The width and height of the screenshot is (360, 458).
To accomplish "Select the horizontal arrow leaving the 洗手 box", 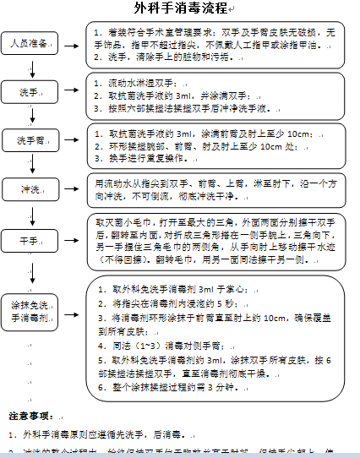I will (x=71, y=91).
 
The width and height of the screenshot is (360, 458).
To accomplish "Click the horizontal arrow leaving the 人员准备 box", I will (x=71, y=41).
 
